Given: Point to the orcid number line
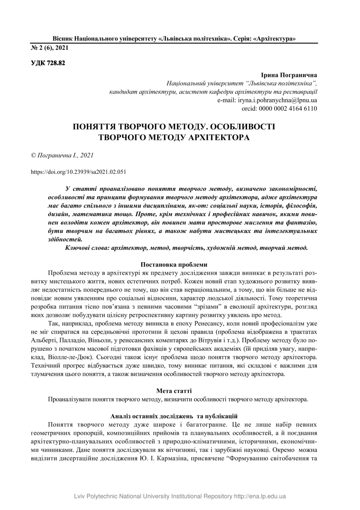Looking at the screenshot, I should [x=279, y=109].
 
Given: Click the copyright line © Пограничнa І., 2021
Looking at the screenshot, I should [x=62, y=155].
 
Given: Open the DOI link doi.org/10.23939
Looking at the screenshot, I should [x=78, y=172].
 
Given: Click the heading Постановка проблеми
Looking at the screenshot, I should [x=174, y=265].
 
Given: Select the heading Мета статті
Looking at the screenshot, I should [x=174, y=390].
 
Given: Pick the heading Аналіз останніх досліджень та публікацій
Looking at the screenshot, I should [x=174, y=416].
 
